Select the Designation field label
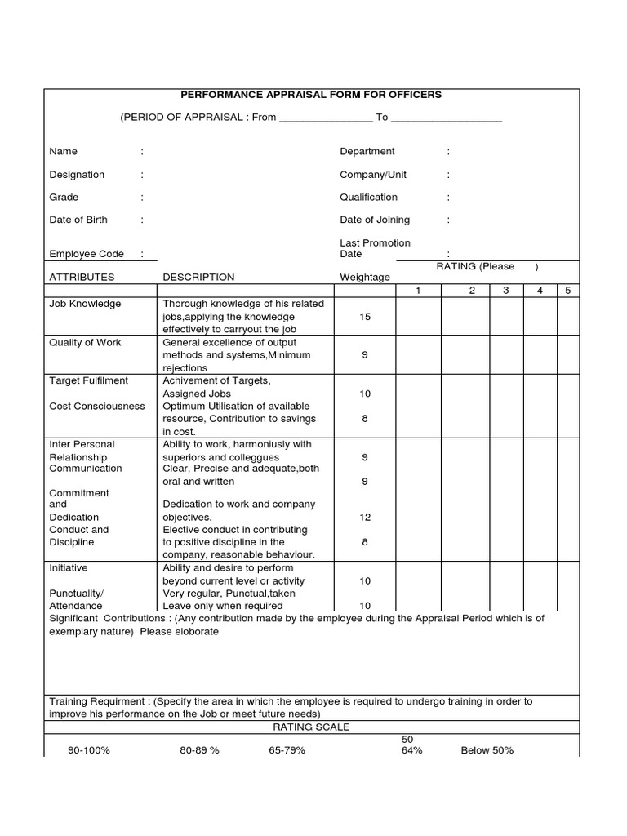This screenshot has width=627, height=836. [x=77, y=175]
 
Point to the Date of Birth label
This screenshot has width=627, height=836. [x=78, y=220]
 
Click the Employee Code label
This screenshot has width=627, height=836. [x=86, y=255]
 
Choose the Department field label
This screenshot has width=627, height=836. [x=367, y=152]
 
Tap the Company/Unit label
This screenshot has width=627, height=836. [x=372, y=175]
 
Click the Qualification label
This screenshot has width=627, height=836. [x=368, y=197]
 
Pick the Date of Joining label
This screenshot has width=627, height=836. [x=375, y=220]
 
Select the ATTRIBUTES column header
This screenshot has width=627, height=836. [x=82, y=278]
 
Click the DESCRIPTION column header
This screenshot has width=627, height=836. [x=198, y=278]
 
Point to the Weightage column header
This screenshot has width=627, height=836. [x=364, y=278]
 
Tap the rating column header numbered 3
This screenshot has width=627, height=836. [x=506, y=291]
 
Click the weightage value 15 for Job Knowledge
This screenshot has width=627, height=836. [x=365, y=317]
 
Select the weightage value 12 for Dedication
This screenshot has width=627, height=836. [x=365, y=518]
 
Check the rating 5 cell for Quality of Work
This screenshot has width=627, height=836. [x=568, y=355]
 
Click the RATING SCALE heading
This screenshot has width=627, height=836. [x=310, y=727]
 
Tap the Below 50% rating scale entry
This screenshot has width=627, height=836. [x=487, y=750]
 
